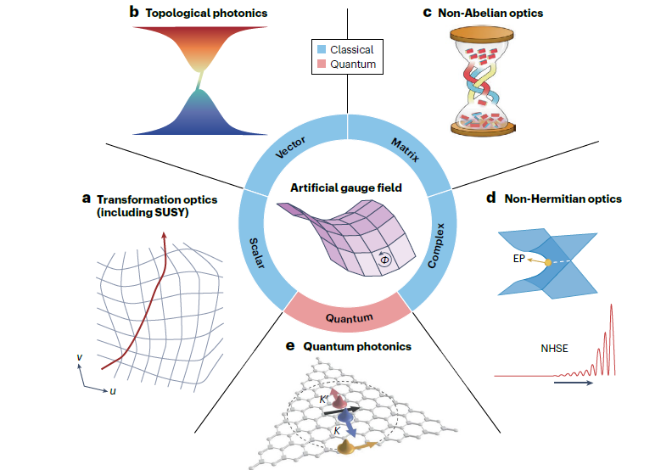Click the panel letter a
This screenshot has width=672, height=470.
86,199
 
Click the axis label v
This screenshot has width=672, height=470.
79,357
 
